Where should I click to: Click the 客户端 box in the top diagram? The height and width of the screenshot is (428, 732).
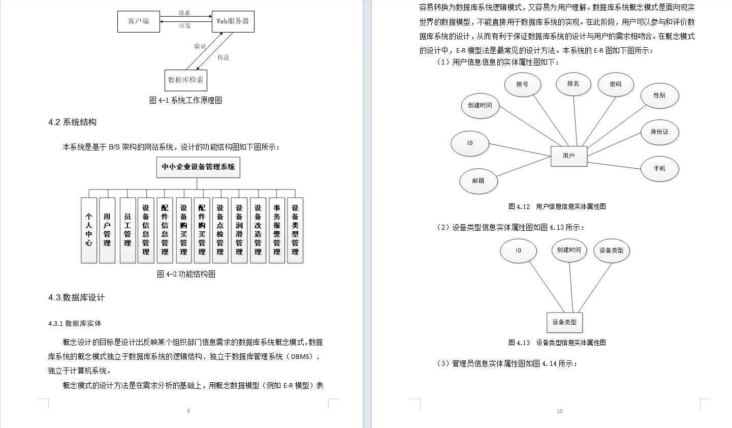(138, 21)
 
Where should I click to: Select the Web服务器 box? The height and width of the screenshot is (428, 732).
(233, 21)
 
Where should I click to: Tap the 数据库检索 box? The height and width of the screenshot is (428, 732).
(185, 80)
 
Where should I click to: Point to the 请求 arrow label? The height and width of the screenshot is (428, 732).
(184, 13)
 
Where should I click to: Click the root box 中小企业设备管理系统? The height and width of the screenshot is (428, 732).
(198, 167)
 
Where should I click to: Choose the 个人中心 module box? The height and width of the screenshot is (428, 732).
(89, 230)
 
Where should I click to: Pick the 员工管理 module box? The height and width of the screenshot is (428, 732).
(128, 230)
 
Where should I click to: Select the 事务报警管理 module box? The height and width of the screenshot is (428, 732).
(277, 230)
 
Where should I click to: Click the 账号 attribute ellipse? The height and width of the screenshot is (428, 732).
(522, 84)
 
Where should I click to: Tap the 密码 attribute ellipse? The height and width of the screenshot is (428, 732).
(615, 84)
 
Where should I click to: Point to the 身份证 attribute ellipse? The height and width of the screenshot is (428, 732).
(659, 132)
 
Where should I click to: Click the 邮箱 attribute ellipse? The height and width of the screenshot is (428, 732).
(478, 181)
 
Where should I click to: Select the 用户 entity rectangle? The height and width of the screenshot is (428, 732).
(569, 156)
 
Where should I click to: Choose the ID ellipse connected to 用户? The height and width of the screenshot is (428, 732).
(470, 143)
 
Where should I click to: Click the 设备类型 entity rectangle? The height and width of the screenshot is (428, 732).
(564, 322)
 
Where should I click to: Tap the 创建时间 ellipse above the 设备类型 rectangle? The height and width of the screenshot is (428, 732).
(569, 250)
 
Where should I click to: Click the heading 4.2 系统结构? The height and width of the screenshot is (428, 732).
(72, 122)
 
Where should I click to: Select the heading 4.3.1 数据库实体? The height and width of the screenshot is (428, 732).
(75, 323)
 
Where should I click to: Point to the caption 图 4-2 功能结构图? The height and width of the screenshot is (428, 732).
(186, 274)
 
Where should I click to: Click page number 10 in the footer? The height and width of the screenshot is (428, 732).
(559, 411)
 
